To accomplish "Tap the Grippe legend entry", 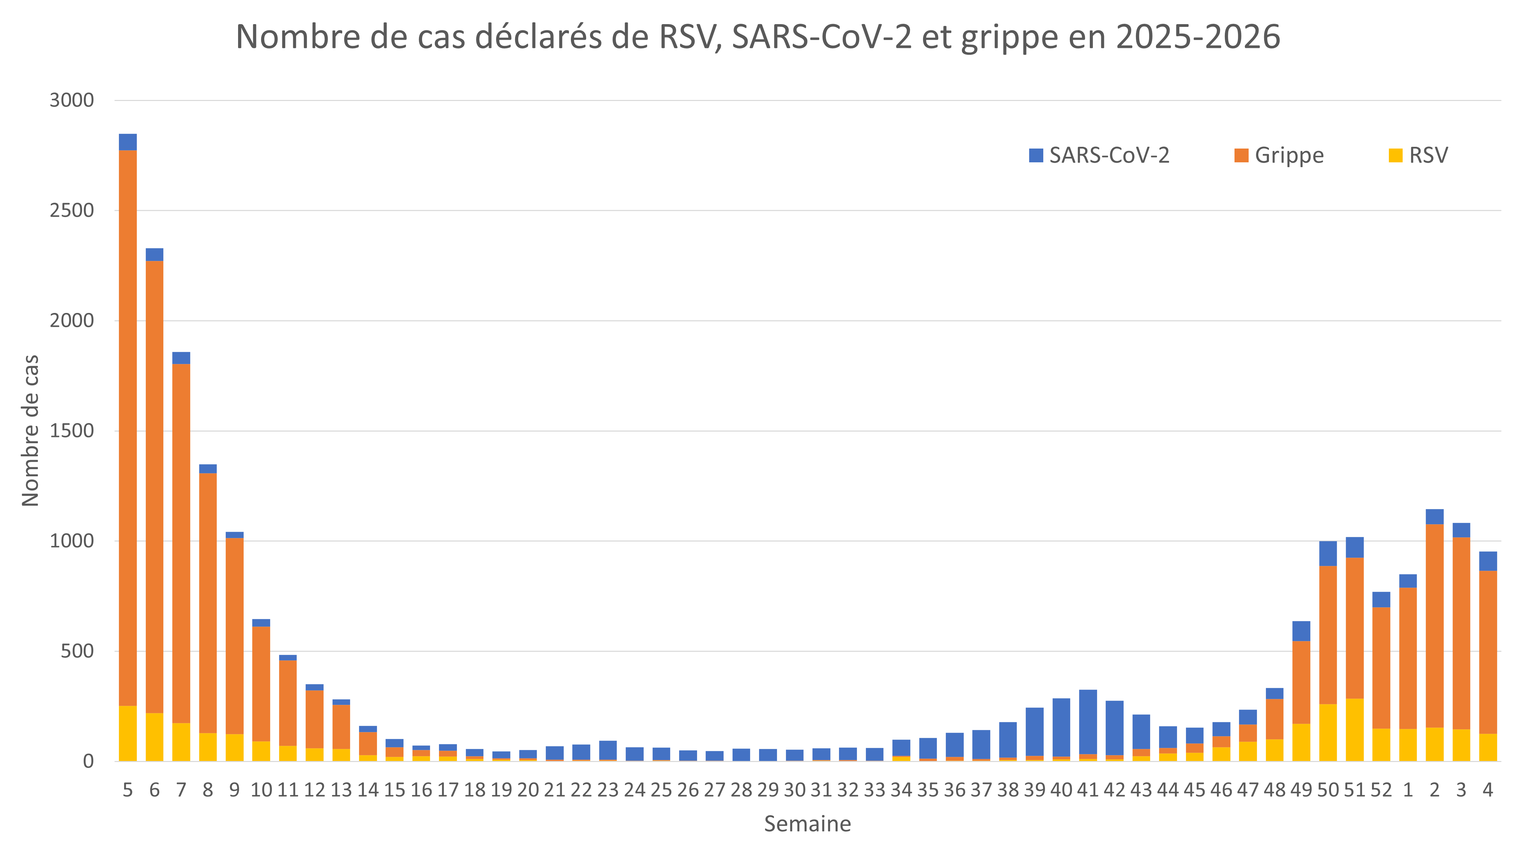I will [1279, 155].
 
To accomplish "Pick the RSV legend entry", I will [1418, 155].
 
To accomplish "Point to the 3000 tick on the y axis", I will [72, 100].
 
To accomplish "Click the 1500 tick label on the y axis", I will [72, 431].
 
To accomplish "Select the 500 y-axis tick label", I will [77, 651].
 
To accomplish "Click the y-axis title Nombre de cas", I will [31, 430].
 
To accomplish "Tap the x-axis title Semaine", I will [807, 824].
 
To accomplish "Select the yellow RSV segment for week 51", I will [1355, 730].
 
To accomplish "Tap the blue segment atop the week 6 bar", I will [155, 254].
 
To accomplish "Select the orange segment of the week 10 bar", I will [261, 683].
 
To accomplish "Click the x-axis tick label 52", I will [1381, 790].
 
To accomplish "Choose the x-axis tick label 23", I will [608, 790].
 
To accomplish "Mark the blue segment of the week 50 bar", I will [1328, 554].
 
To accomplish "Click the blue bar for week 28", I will [741, 755].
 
